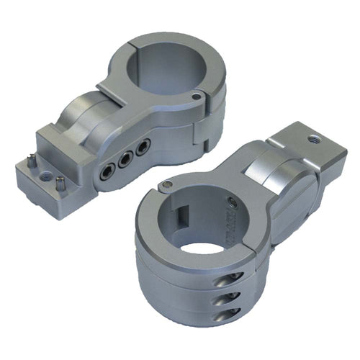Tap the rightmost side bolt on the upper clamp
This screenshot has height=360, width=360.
point(144,148)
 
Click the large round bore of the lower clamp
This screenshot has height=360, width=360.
point(200,231)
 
